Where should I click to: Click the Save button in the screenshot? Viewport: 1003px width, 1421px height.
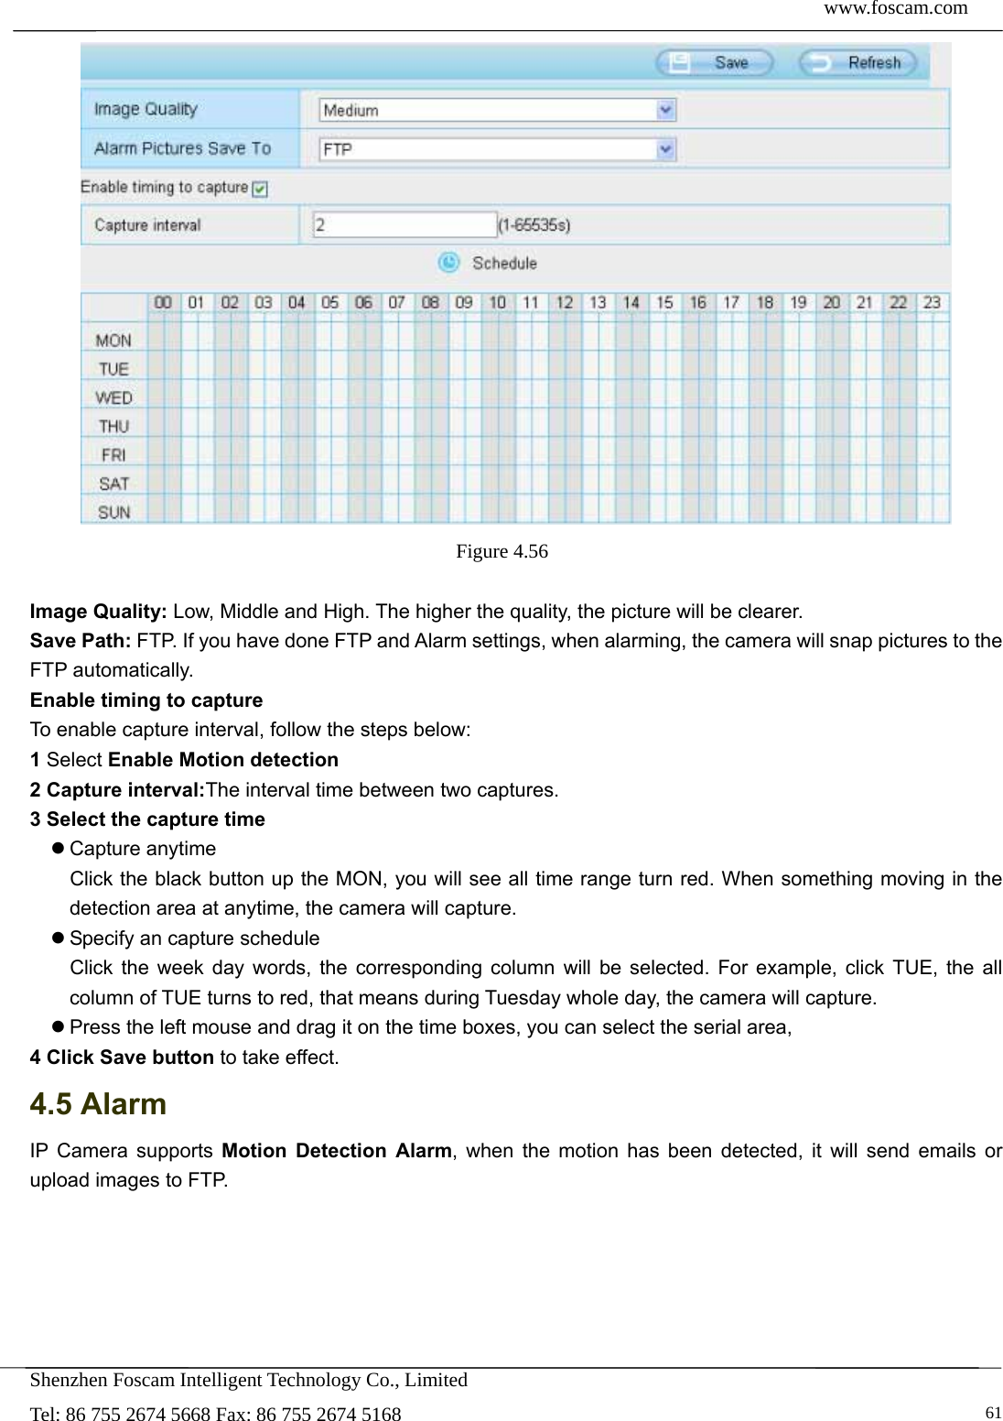click(715, 63)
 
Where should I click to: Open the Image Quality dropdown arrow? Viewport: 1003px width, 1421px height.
click(666, 111)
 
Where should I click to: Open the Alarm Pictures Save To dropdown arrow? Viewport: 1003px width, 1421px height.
click(666, 149)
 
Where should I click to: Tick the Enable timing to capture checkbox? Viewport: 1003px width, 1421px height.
click(260, 189)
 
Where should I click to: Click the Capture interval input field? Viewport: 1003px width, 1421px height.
click(404, 225)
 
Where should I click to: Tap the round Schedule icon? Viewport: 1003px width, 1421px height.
click(448, 263)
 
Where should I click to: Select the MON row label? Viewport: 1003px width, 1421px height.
click(113, 341)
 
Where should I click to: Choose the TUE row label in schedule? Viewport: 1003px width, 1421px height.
click(113, 369)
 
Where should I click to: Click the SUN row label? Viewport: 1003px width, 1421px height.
click(113, 512)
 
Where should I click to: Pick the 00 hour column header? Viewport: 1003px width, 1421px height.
click(163, 302)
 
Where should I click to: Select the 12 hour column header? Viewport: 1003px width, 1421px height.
click(564, 302)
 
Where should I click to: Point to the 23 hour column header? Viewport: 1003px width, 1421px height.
click(932, 302)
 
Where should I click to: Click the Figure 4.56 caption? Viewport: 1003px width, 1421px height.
click(501, 551)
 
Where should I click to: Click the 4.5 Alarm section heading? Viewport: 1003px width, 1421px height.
click(98, 1104)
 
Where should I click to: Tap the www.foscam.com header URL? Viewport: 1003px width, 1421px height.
click(895, 9)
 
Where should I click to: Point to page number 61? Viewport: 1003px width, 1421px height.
click(993, 1413)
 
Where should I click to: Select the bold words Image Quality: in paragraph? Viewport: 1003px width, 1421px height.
click(98, 612)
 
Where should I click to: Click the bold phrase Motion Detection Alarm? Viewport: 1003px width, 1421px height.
click(337, 1151)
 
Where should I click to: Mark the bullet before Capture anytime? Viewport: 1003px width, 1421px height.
click(58, 849)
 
